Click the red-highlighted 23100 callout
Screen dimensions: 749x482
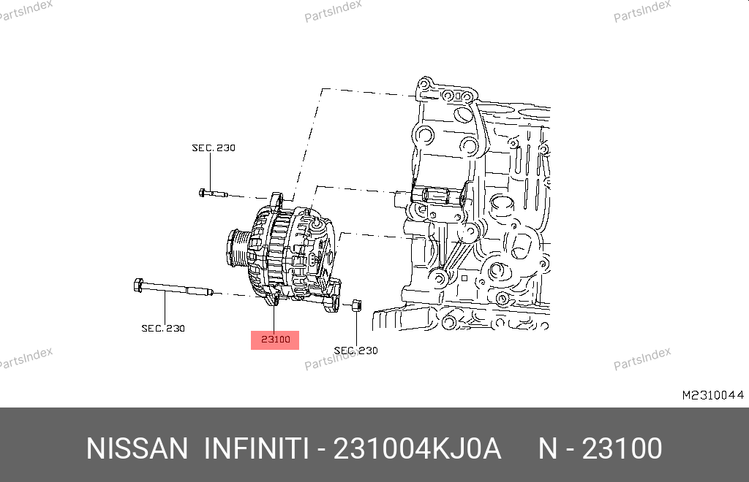pos(275,340)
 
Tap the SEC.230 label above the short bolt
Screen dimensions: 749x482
pos(214,148)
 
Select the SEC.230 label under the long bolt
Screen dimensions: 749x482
pos(163,328)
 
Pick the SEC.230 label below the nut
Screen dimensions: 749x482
pos(356,351)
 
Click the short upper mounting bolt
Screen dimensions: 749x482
pos(213,194)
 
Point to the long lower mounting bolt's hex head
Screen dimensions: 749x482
pos(138,285)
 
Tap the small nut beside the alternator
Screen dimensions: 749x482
pos(356,305)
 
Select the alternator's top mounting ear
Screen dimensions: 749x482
pos(276,199)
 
